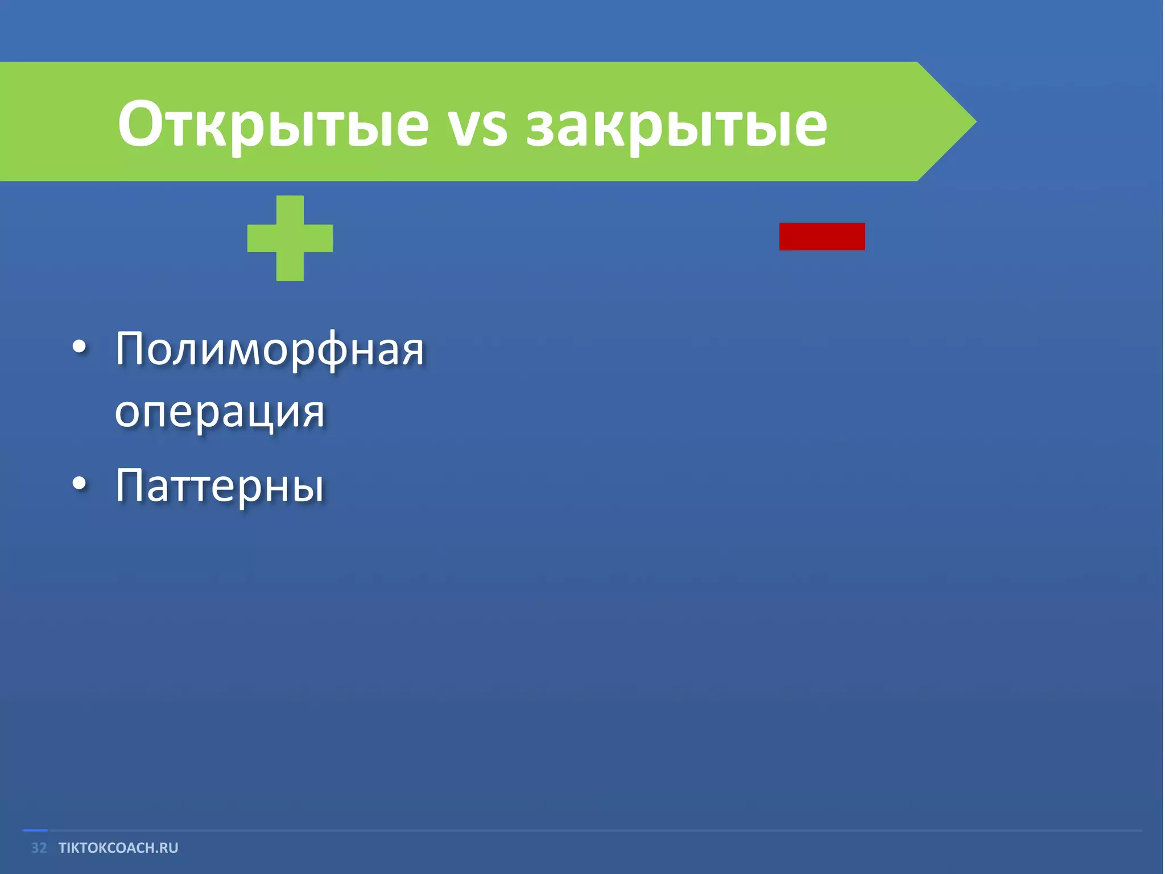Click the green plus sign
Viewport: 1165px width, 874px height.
click(290, 238)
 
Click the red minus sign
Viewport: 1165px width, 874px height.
click(822, 236)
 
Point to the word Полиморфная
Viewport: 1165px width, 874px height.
click(270, 350)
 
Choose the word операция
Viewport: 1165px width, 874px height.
click(220, 413)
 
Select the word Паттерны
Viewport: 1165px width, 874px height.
click(220, 487)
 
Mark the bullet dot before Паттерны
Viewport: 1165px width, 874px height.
click(80, 483)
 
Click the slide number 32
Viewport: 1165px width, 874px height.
click(39, 848)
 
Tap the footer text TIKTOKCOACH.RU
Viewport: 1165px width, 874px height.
click(118, 848)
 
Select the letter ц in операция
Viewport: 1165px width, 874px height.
click(267, 414)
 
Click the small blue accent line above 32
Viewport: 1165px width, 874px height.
click(35, 830)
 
